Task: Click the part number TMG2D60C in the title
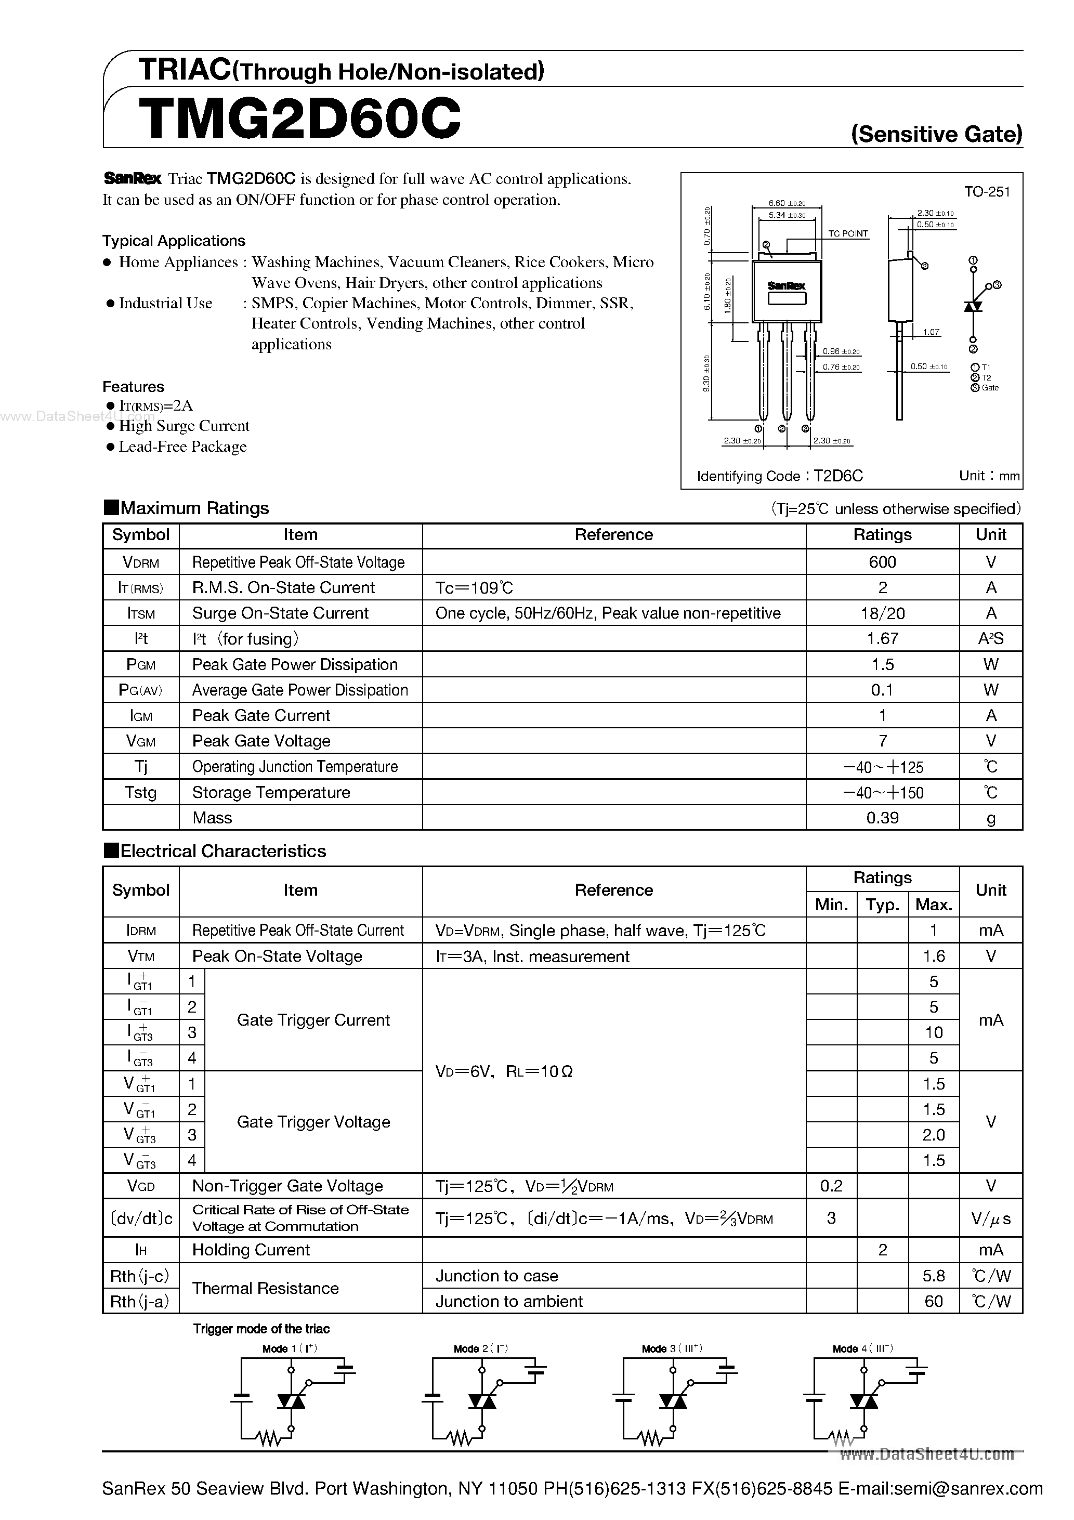pos(299,119)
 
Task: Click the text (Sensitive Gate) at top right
pos(936,135)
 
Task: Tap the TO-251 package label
pos(987,192)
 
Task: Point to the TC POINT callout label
pos(847,234)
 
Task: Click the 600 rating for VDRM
pos(882,562)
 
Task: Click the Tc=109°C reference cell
pos(474,588)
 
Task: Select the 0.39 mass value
pos(882,818)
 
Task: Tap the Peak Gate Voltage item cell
pos(261,741)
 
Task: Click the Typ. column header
pos(882,905)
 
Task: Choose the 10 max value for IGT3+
pos(933,1033)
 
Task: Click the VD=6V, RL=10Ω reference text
pos(503,1072)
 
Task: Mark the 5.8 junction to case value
pos(933,1276)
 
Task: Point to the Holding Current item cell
pos(251,1250)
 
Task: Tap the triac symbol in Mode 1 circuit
pos(290,1401)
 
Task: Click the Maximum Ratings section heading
pos(194,508)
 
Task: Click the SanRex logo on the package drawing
pos(786,286)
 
